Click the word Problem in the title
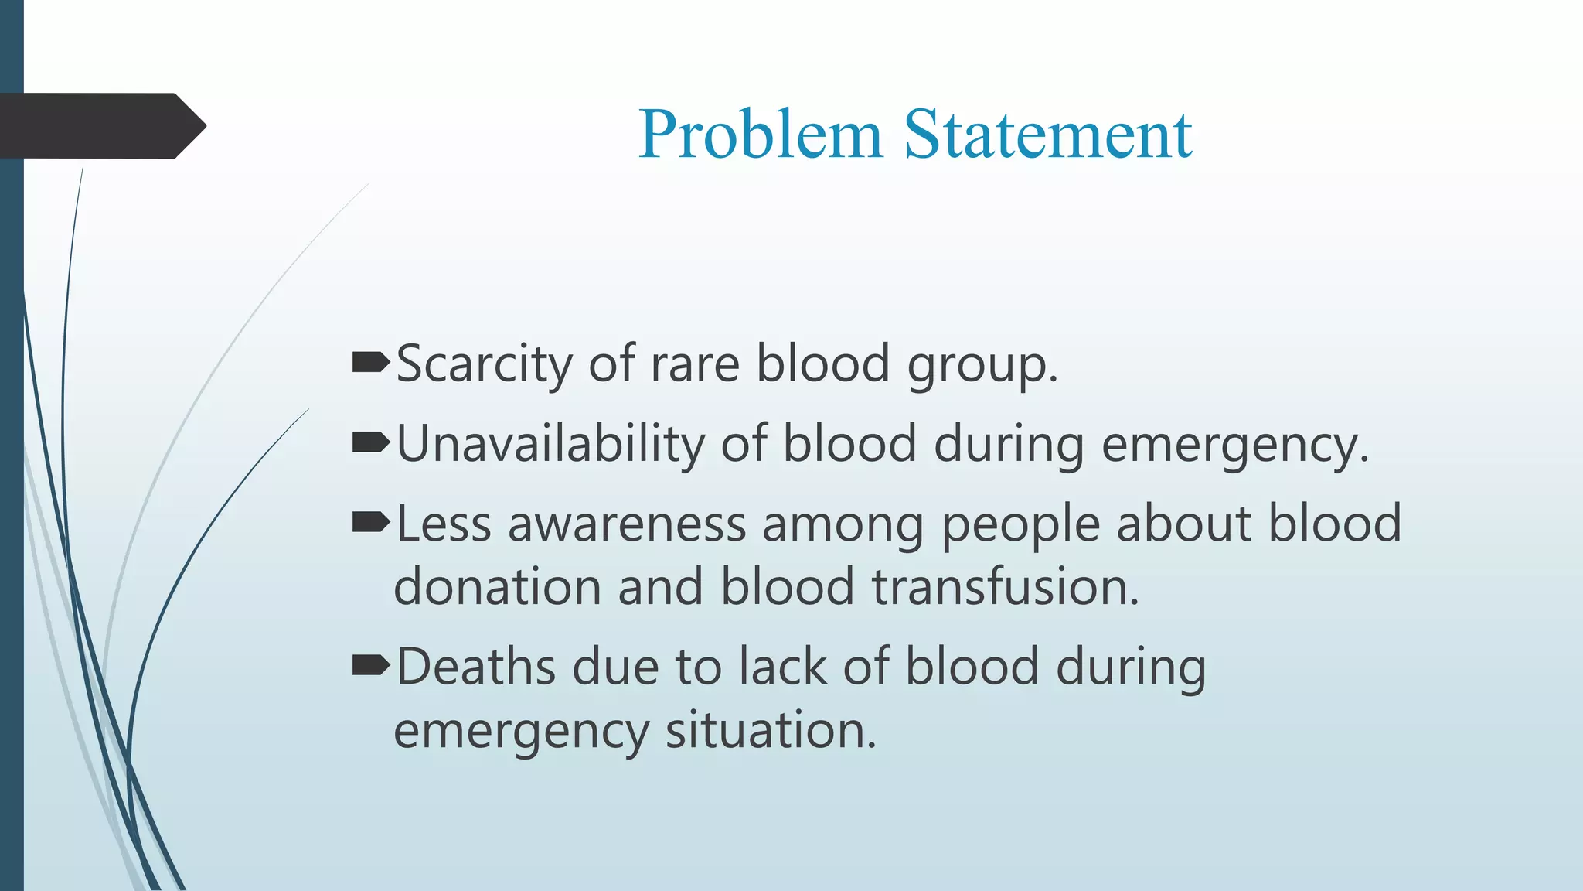tap(760, 135)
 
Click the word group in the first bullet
tap(975, 365)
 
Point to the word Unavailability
tap(550, 444)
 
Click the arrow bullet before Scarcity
tap(370, 362)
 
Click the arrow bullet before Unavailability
tap(370, 442)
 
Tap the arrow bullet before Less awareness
tap(370, 523)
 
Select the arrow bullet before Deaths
tap(370, 665)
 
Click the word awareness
tap(626, 524)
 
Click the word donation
tap(497, 586)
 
